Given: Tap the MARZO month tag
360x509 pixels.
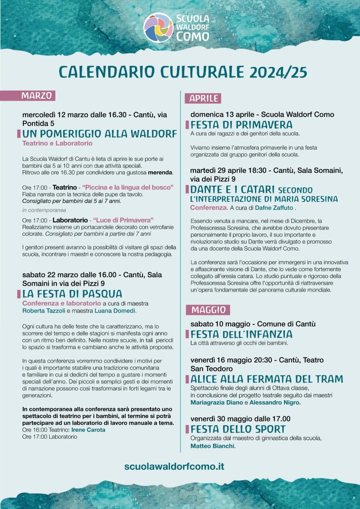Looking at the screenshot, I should tap(36, 96).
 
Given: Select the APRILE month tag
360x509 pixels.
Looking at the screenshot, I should tap(204, 98).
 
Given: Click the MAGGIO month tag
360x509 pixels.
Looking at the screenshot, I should tap(208, 309).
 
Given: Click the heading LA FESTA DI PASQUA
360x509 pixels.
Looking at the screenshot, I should tap(72, 294).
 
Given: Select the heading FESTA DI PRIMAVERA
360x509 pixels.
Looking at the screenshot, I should tap(241, 125).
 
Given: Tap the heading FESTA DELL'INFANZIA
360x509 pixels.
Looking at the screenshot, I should tap(241, 334).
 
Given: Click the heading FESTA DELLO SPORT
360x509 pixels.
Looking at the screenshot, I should tap(238, 429).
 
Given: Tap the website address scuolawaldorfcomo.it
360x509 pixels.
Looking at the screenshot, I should tap(174, 466).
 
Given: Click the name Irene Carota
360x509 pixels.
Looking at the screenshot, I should tap(91, 430).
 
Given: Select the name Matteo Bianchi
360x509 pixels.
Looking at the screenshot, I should tap(212, 445).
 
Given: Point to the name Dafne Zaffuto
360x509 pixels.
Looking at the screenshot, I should tap(274, 208).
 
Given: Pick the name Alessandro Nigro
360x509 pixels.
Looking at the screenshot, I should tap(275, 403).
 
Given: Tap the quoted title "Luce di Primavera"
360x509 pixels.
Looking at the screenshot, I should tap(123, 220).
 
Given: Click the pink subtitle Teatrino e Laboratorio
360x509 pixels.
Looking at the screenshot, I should tap(57, 143).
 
